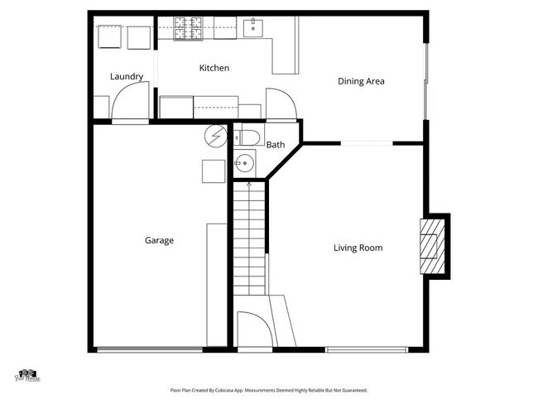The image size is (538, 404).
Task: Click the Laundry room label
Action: [x=127, y=77]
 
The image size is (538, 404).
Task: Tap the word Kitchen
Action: [x=214, y=68]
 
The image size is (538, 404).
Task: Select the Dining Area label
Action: [x=361, y=81]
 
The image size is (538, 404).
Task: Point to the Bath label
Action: [x=276, y=145]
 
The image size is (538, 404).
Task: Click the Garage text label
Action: [x=159, y=241]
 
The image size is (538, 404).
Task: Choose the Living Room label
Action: [x=358, y=248]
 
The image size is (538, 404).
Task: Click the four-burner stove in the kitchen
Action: [x=188, y=32]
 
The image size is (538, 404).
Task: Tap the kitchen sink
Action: [x=253, y=30]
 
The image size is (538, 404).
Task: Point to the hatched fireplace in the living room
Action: [x=430, y=246]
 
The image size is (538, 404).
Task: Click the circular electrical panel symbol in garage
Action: [x=215, y=136]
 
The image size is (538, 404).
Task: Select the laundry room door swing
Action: [x=129, y=102]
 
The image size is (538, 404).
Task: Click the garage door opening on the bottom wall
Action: [x=149, y=349]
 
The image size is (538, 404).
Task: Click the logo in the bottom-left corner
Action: [x=26, y=377]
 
